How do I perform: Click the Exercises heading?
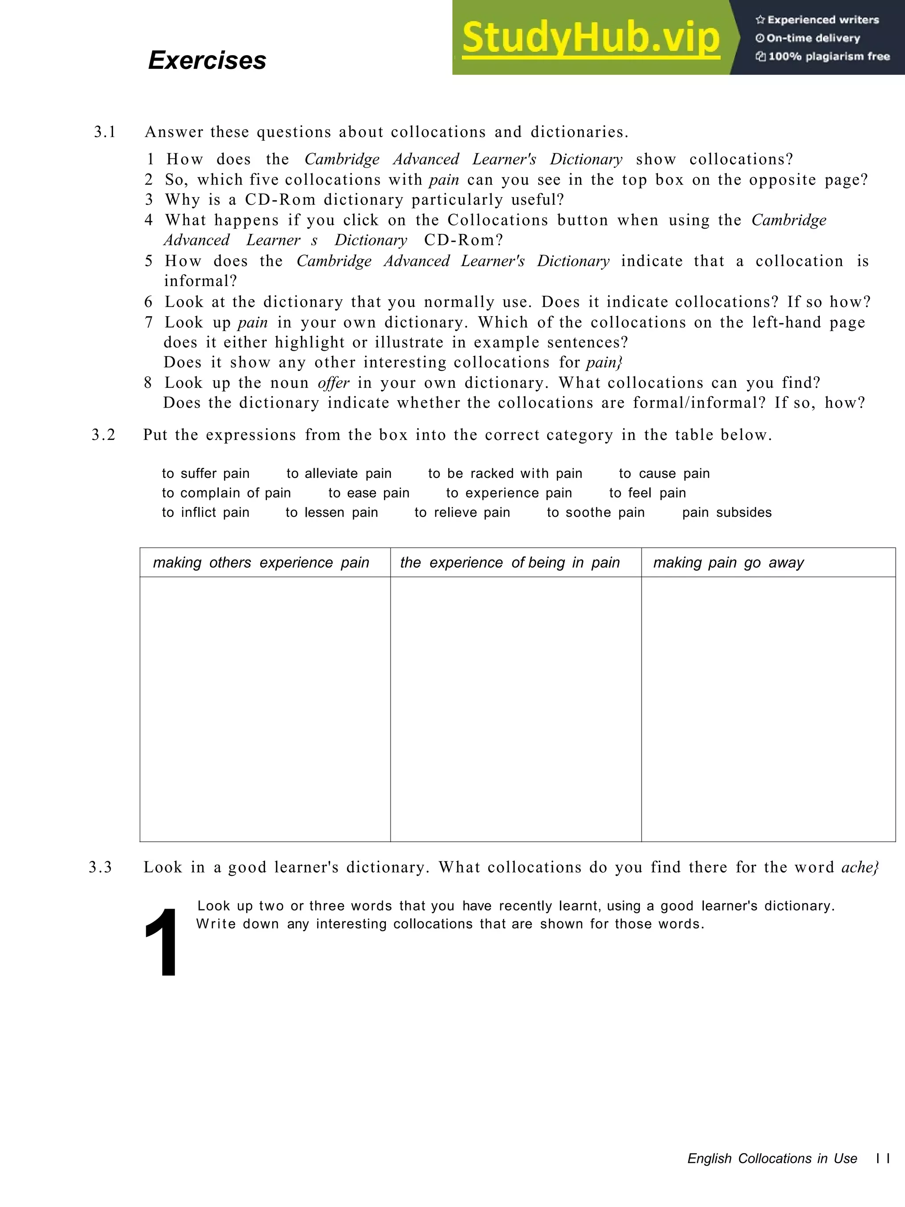(x=207, y=60)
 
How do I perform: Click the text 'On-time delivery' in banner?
(x=813, y=38)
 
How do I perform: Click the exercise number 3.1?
(x=105, y=132)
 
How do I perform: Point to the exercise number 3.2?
(x=104, y=435)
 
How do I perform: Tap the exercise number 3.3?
(x=101, y=867)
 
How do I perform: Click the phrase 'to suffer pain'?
(x=205, y=473)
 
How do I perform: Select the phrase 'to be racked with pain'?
(x=505, y=473)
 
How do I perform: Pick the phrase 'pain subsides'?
(x=726, y=512)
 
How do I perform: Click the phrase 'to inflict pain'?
(x=205, y=512)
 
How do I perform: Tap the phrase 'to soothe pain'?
(x=596, y=512)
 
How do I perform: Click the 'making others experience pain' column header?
(x=261, y=562)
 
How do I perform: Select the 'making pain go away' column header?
(x=728, y=562)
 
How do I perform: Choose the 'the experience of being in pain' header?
(x=510, y=562)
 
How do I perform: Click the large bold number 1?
(x=161, y=944)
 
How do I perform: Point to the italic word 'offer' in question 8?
(x=333, y=382)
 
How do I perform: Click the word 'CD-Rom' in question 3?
(x=280, y=200)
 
